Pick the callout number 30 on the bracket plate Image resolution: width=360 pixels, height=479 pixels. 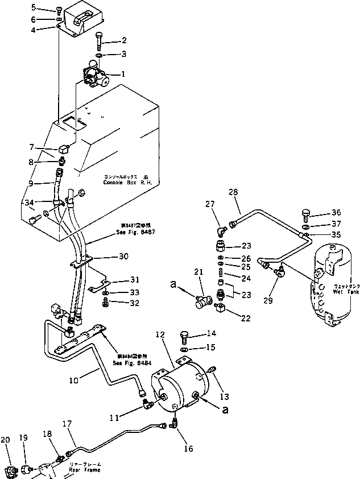[123, 257]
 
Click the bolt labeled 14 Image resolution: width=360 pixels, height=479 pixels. [185, 336]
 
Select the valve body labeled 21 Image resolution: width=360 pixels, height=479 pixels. [202, 300]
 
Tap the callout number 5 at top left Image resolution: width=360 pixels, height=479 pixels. [49, 7]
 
